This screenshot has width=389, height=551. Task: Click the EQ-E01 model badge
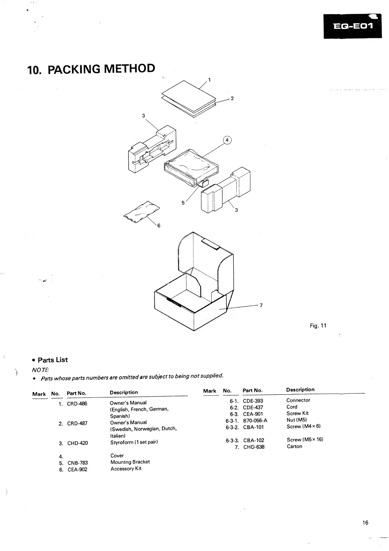(x=352, y=26)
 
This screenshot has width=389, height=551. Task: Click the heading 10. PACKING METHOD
(x=91, y=69)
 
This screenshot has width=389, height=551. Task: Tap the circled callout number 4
(x=227, y=140)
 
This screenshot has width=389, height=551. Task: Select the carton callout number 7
(x=261, y=305)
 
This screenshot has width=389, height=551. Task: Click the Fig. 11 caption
(x=318, y=326)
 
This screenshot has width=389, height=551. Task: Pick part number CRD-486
(x=77, y=404)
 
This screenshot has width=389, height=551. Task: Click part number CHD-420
(x=78, y=443)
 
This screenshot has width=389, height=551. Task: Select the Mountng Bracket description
(x=130, y=462)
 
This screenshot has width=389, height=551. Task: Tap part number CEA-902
(x=78, y=470)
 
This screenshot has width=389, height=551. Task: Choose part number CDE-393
(x=253, y=401)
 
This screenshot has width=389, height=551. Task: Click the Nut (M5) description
(x=297, y=420)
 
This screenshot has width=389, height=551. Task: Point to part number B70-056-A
(x=255, y=420)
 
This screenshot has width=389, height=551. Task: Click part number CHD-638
(x=254, y=447)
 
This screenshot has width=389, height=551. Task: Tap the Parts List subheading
(x=52, y=360)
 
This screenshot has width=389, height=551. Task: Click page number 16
(x=365, y=523)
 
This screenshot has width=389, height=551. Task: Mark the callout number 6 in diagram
(x=159, y=225)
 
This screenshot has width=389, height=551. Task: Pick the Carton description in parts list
(x=294, y=447)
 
